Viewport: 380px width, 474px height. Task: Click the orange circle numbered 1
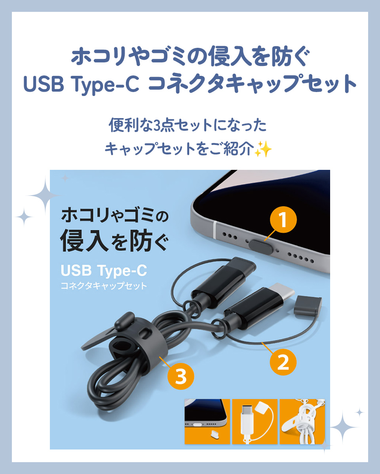click(x=283, y=220)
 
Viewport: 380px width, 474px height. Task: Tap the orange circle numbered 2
click(x=283, y=363)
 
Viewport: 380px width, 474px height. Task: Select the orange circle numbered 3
click(x=181, y=377)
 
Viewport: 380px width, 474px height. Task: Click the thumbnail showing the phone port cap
click(x=207, y=421)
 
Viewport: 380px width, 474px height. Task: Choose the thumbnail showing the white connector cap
click(x=255, y=421)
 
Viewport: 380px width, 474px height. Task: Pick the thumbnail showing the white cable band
click(x=302, y=421)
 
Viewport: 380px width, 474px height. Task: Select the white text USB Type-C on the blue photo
click(x=104, y=271)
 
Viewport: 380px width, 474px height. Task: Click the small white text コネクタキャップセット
click(x=104, y=286)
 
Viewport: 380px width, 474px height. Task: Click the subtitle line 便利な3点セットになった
click(x=188, y=126)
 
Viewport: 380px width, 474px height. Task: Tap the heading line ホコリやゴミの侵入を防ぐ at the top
click(x=190, y=58)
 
